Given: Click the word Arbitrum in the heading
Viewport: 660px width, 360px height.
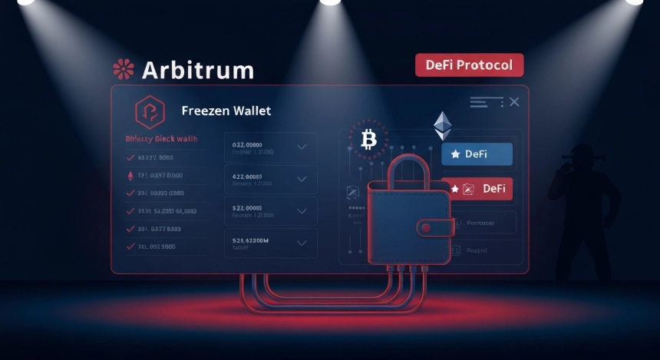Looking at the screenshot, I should [x=197, y=70].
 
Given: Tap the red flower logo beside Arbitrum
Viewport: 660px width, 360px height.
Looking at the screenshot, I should [x=123, y=70].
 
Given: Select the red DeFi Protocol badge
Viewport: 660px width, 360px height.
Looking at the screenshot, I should [x=469, y=65].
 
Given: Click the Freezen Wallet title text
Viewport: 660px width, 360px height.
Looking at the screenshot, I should [x=226, y=111].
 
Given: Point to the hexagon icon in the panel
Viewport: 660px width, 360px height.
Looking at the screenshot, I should [x=150, y=112].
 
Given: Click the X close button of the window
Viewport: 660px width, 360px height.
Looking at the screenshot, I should [x=513, y=102].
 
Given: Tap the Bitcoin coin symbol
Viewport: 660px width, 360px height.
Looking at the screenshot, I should [x=368, y=139].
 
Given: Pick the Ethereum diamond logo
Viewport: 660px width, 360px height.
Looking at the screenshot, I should [x=444, y=126].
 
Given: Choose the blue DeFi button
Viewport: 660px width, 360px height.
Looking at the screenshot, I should [x=477, y=154].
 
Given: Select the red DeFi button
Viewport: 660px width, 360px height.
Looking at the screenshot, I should [x=477, y=189].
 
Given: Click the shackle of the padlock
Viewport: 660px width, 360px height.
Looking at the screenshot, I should [x=408, y=170].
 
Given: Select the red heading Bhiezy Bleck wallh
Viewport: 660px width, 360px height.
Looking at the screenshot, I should [x=160, y=139].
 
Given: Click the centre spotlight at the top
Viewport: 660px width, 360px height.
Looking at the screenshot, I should [x=330, y=2].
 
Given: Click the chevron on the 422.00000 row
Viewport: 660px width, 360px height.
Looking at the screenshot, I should [x=302, y=179].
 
